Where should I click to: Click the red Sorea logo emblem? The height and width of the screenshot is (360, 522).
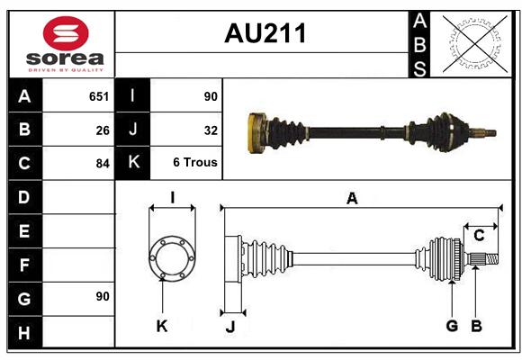tap(66, 33)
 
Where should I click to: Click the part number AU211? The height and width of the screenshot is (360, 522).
tap(265, 33)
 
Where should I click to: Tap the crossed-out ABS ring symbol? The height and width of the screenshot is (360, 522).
tap(475, 44)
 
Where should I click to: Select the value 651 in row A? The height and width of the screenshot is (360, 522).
tap(99, 96)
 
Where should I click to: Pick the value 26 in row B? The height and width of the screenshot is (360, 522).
tap(103, 130)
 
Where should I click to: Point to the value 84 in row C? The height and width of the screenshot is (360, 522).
tap(103, 164)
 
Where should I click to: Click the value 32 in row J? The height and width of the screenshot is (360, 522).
tap(211, 130)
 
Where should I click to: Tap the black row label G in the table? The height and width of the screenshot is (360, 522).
tap(25, 299)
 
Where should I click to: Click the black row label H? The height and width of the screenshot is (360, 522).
tap(25, 332)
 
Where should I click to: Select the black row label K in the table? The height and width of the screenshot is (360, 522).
tap(133, 163)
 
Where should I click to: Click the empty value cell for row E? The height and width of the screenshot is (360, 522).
tap(78, 230)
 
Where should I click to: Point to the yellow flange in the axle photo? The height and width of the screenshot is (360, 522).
tap(257, 133)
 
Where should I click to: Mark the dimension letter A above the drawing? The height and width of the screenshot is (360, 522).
tap(352, 199)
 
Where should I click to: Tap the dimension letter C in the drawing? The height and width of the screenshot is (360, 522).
tap(479, 236)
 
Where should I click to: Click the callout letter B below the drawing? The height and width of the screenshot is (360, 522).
tap(476, 326)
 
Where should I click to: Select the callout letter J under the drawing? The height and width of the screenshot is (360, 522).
tap(230, 327)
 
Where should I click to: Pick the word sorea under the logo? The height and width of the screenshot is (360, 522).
tap(65, 58)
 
